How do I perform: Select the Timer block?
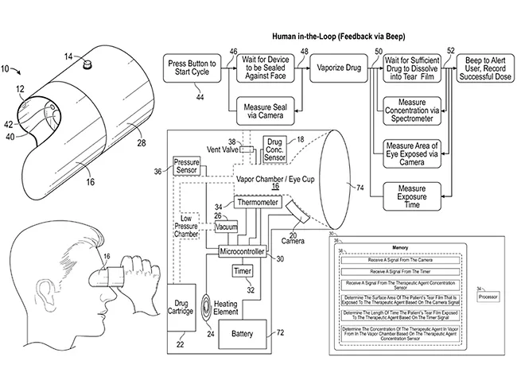242,271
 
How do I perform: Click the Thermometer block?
256,204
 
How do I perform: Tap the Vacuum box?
227,227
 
